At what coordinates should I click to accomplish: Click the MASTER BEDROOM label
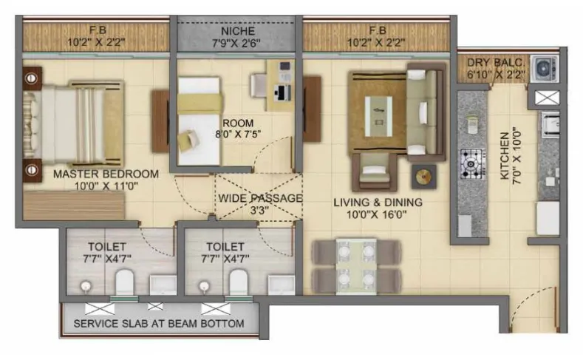[x=106, y=174]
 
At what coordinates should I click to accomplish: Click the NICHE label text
[x=237, y=32]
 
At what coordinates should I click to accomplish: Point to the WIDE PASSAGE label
[x=259, y=198]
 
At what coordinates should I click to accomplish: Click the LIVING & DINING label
[x=377, y=202]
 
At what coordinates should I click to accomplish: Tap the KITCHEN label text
[x=504, y=156]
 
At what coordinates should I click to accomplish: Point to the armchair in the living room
[x=376, y=172]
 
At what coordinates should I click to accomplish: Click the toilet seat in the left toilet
[x=124, y=282]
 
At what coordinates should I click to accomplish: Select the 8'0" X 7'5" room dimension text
[x=237, y=134]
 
